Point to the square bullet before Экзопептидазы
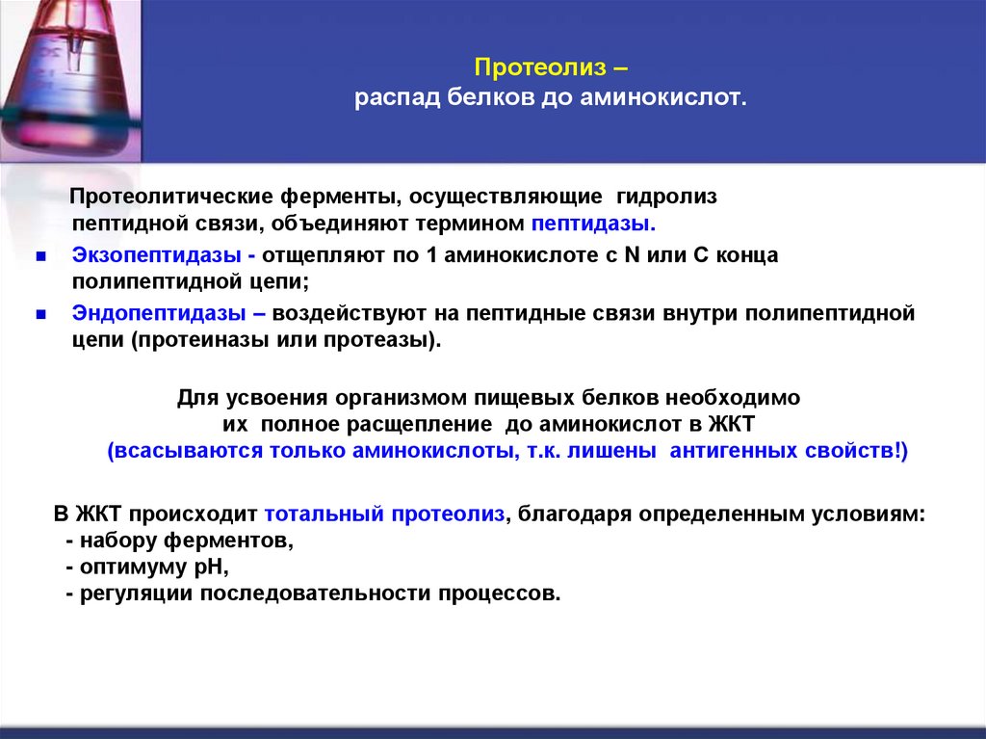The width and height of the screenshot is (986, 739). click(x=40, y=257)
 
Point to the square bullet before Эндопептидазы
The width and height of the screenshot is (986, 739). click(x=40, y=315)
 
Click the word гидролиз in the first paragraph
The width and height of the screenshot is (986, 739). click(x=665, y=197)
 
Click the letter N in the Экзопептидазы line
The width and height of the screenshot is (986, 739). click(x=634, y=256)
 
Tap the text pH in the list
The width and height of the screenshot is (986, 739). click(x=209, y=567)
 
